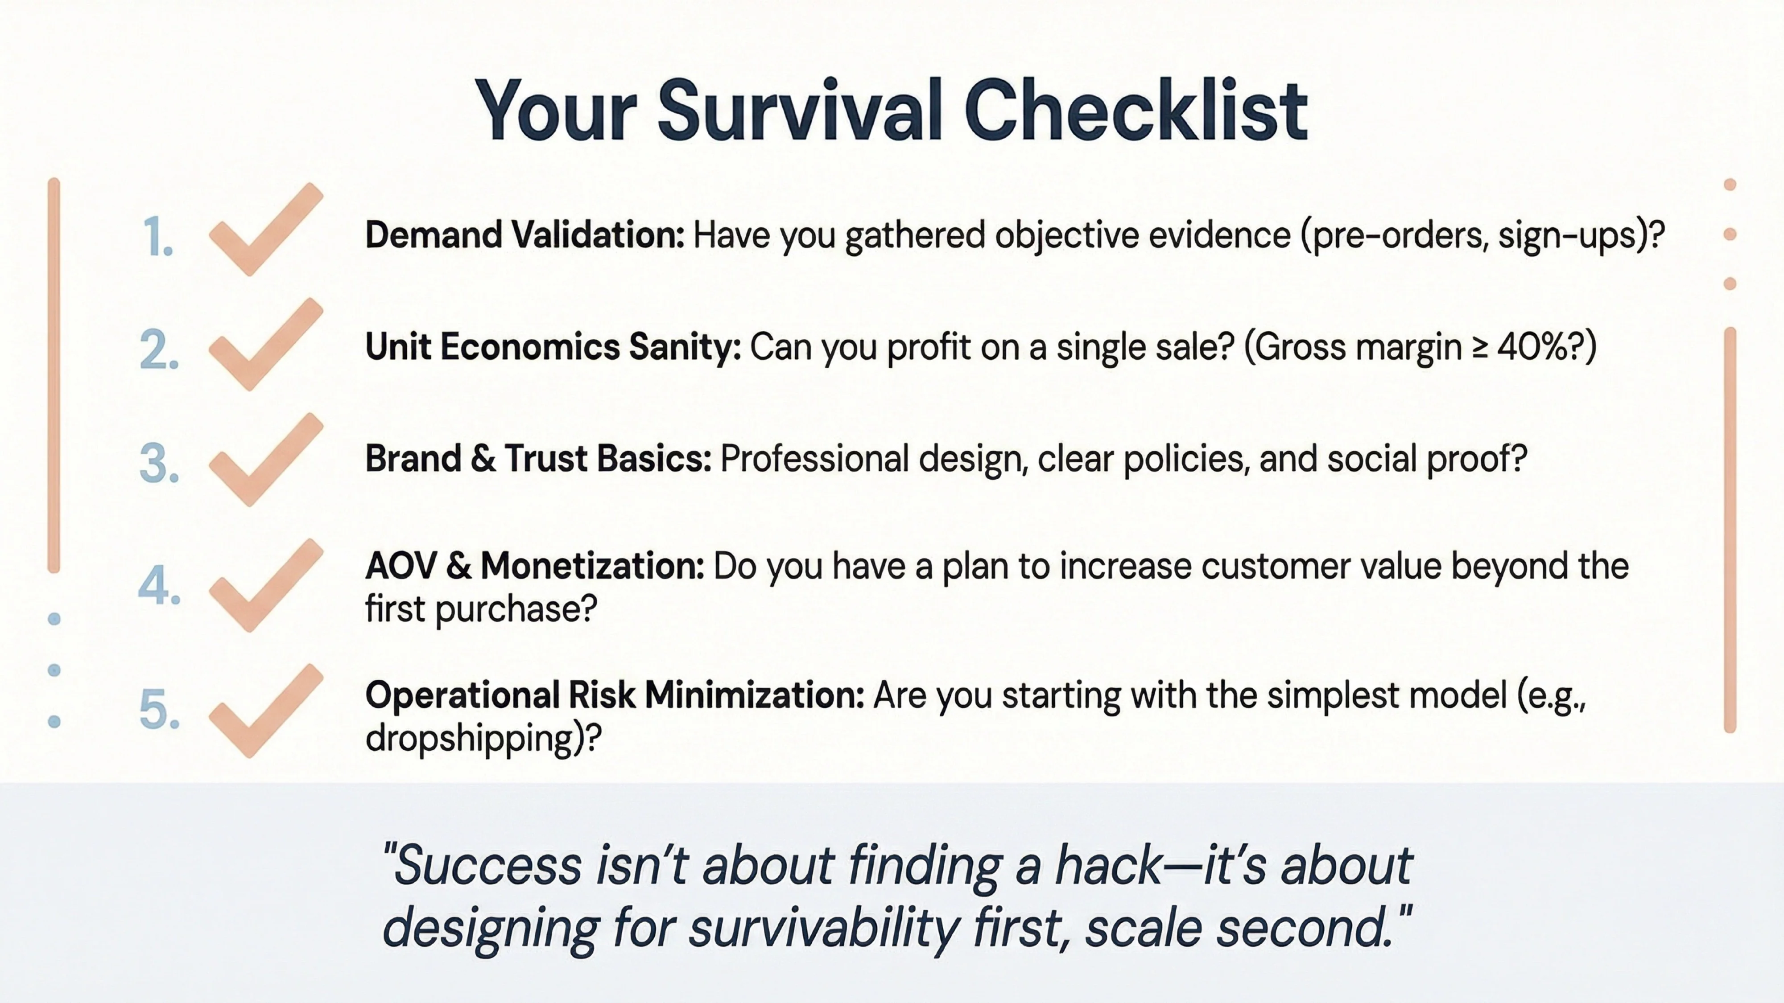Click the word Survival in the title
800,111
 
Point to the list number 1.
158,238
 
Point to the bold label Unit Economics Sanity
553,347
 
